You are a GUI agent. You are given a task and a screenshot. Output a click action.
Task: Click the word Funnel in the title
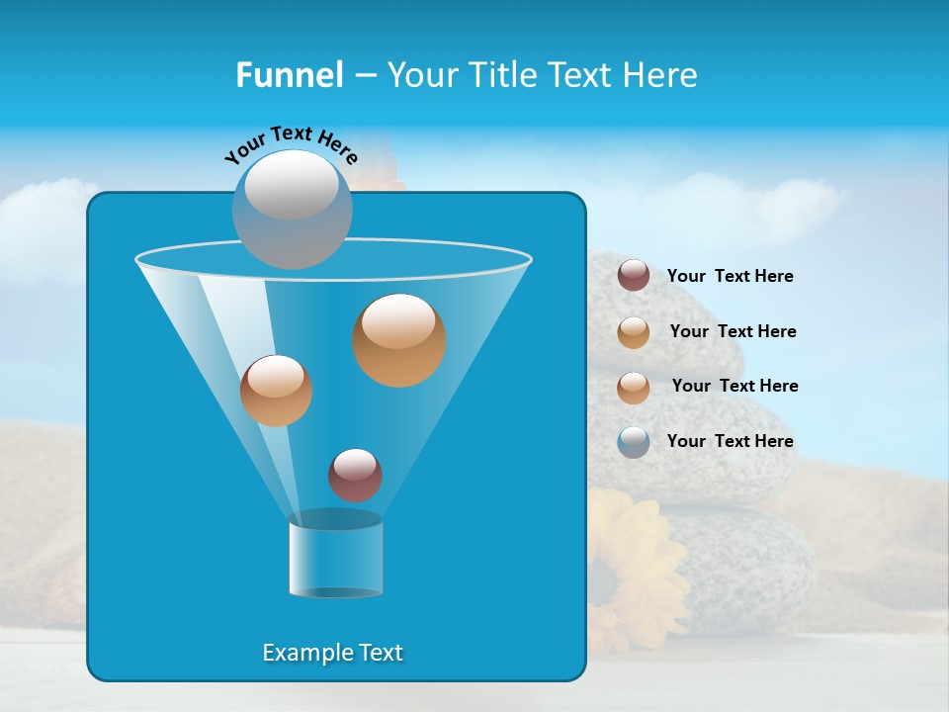pos(290,75)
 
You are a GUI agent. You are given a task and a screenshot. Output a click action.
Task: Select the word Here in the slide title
pos(660,75)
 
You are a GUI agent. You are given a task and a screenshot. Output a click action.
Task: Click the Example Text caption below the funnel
pos(332,653)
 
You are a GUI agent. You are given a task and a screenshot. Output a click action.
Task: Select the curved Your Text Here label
pos(291,142)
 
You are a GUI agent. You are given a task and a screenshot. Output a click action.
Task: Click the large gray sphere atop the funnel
pos(293,210)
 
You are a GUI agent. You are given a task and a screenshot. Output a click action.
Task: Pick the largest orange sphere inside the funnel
pos(398,340)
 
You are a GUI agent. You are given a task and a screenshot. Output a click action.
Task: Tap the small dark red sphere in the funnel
pos(355,476)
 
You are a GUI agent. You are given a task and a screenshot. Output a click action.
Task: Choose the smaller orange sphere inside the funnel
pos(276,391)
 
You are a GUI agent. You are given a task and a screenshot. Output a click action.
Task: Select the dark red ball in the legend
pos(634,276)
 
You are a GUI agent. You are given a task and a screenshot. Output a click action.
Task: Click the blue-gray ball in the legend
pos(634,442)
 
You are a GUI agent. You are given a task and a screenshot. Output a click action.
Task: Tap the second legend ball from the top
pos(634,332)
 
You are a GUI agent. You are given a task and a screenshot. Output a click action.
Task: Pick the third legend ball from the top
pos(634,388)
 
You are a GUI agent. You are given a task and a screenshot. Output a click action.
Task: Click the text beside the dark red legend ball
pos(730,276)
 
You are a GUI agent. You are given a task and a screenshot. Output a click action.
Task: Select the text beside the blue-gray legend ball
pos(730,441)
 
